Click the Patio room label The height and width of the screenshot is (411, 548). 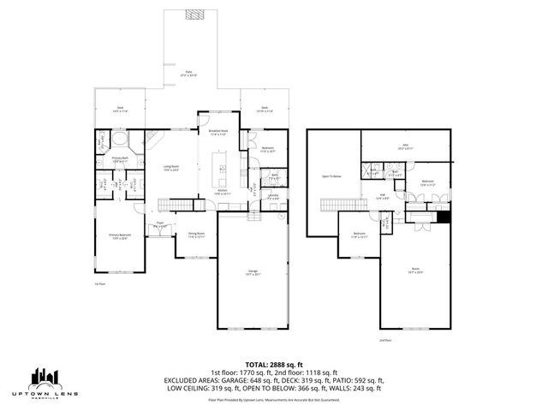coord(188,74)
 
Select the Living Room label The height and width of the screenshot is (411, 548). coord(170,168)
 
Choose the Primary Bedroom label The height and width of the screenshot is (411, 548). coord(118,236)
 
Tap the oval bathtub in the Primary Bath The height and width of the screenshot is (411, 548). coord(118,138)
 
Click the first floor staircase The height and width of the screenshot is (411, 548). coord(176,205)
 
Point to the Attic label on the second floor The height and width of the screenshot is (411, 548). coord(407,146)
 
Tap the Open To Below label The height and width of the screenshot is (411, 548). coord(331,176)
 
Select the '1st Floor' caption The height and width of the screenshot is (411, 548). coord(100,283)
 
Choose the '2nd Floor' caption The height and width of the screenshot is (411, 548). coord(384,340)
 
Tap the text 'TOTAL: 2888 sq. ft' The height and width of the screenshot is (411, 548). coord(274,364)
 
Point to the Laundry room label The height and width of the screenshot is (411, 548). coord(273,197)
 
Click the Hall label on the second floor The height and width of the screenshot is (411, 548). coord(383,196)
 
